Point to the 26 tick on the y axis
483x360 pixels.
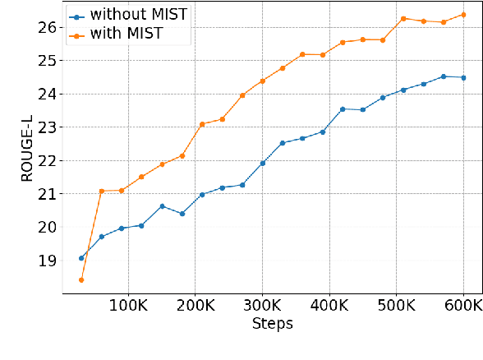coord(47,27)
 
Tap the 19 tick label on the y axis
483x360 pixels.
coord(47,261)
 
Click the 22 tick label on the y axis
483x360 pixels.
coord(47,160)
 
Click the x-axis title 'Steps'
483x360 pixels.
coord(272,324)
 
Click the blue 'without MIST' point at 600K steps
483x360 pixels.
coord(463,77)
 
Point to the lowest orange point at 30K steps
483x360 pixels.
coord(81,280)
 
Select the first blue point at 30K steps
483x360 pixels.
coord(81,258)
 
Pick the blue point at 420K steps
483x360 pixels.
coord(343,108)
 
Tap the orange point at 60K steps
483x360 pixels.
coord(101,191)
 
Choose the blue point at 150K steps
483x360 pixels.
coord(162,205)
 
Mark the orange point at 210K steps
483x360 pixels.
coord(202,124)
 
